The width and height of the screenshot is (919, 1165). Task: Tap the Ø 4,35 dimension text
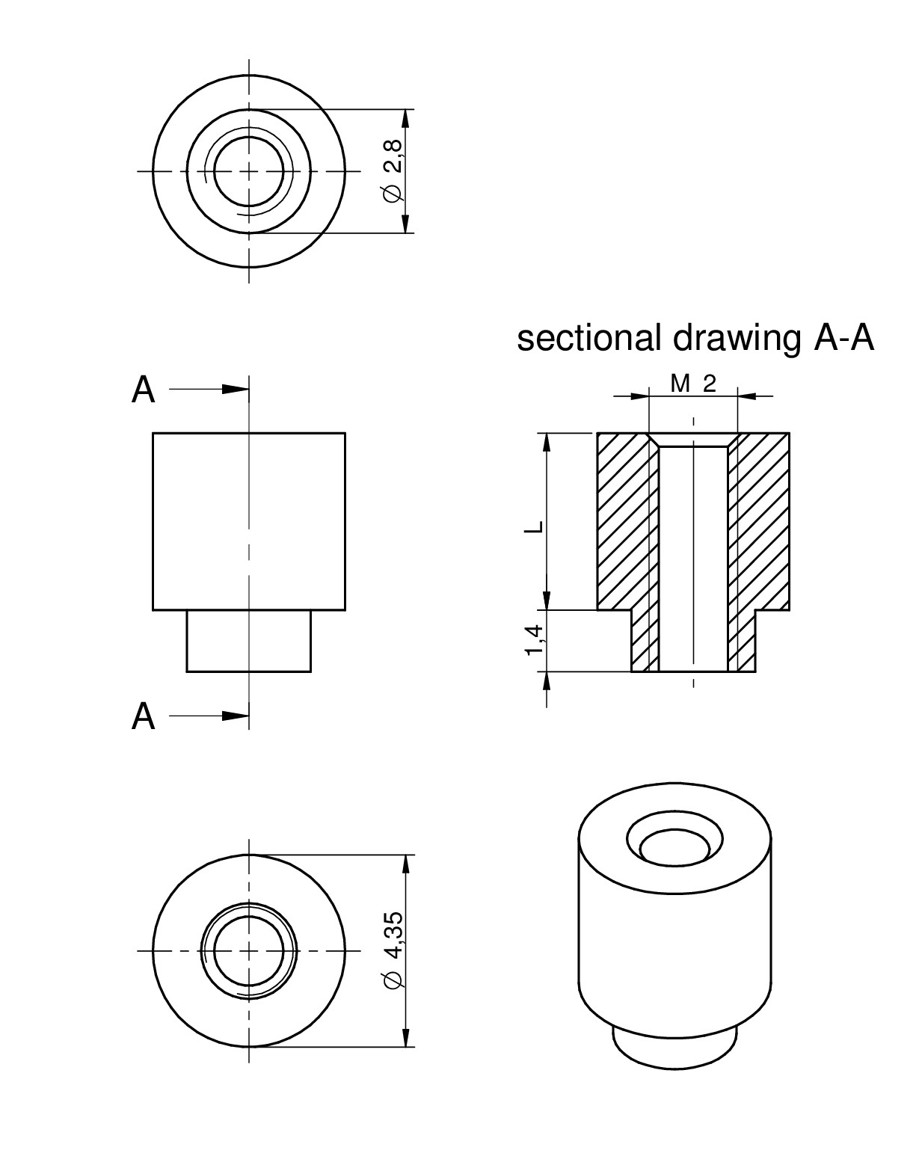[x=393, y=950]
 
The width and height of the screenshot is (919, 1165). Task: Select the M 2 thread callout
[x=693, y=384]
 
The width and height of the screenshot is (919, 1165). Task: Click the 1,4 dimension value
[x=534, y=641]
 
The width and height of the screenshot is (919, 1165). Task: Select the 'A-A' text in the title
[x=843, y=339]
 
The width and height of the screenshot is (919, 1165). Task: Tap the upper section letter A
[x=144, y=390]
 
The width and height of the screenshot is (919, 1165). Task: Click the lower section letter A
[x=144, y=716]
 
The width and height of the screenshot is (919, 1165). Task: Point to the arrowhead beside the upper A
[x=236, y=389]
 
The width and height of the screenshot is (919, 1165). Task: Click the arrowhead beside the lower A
[x=236, y=716]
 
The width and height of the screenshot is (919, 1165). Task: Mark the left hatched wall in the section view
[x=622, y=523]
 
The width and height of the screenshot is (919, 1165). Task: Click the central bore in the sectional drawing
[x=693, y=557]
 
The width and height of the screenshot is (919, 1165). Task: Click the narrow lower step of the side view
[x=248, y=641]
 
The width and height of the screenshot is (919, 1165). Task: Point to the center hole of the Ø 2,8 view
[x=249, y=171]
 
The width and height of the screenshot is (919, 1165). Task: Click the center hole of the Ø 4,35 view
[x=249, y=950]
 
